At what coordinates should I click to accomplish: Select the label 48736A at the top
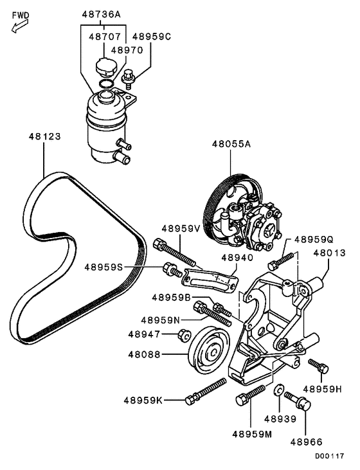(100, 14)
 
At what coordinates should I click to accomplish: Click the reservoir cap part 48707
(104, 67)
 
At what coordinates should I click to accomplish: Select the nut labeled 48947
(183, 335)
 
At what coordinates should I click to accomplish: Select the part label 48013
(330, 253)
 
